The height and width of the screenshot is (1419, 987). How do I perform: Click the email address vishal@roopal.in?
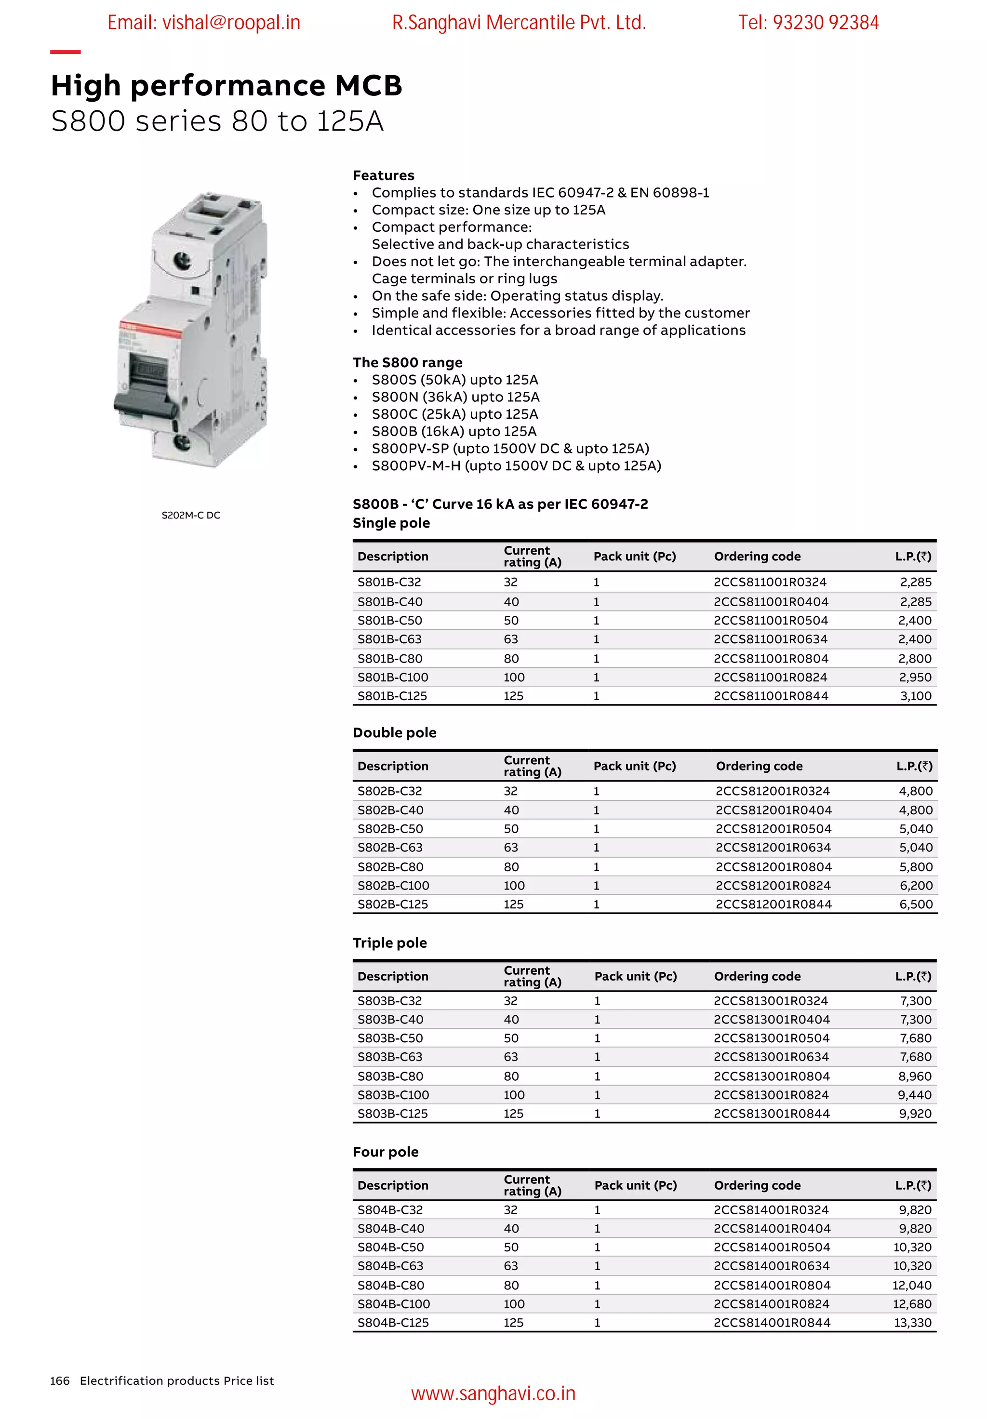coord(203,23)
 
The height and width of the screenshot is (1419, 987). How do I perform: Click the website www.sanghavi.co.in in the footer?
coord(493,1393)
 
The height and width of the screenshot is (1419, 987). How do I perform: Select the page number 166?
coord(59,1380)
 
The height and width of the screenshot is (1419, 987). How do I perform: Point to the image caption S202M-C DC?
coord(190,515)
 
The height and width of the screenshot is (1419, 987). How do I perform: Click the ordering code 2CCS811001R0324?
coord(770,582)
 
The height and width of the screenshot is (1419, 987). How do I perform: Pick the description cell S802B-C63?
coord(390,848)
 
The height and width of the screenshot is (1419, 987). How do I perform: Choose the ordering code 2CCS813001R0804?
coord(771,1076)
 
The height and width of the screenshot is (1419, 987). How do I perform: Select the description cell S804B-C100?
coord(394,1303)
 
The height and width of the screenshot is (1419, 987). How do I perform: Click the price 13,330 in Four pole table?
coord(912,1322)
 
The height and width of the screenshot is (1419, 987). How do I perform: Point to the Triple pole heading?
coord(389,942)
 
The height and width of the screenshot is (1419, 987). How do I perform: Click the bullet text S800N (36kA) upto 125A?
coord(455,397)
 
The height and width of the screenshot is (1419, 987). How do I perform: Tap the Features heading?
coord(383,175)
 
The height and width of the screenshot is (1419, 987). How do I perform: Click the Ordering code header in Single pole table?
coord(757,556)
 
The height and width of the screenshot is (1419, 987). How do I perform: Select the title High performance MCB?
coord(226,85)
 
